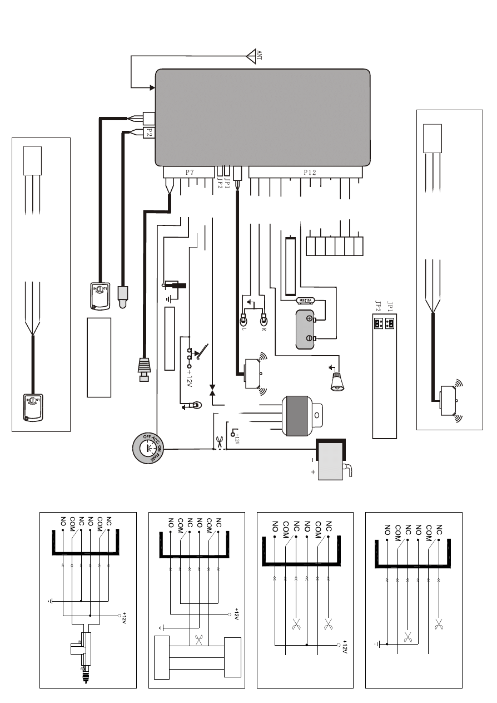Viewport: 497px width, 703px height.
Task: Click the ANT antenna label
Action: tap(259, 56)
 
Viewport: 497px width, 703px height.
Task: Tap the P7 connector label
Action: tap(189, 172)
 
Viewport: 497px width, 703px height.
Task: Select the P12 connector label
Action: tap(310, 172)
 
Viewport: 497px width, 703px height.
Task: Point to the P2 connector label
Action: tap(148, 132)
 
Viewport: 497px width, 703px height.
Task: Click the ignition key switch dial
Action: tap(148, 448)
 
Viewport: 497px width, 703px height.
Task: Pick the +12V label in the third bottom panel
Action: tap(345, 648)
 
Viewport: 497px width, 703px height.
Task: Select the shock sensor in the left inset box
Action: tap(33, 407)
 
